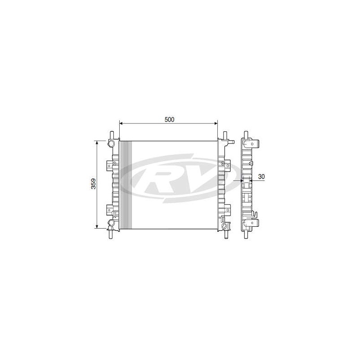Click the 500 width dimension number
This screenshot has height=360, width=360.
[170, 119]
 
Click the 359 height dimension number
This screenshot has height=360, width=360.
[94, 184]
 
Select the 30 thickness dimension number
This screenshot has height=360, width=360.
[261, 176]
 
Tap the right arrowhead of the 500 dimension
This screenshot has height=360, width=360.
[216, 123]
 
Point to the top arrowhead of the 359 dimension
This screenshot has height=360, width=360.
[97, 143]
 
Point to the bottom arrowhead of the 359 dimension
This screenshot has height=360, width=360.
[97, 226]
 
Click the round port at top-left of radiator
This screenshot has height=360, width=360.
[111, 143]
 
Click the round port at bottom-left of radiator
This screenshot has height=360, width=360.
[111, 222]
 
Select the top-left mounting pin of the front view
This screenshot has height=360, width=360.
[112, 135]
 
